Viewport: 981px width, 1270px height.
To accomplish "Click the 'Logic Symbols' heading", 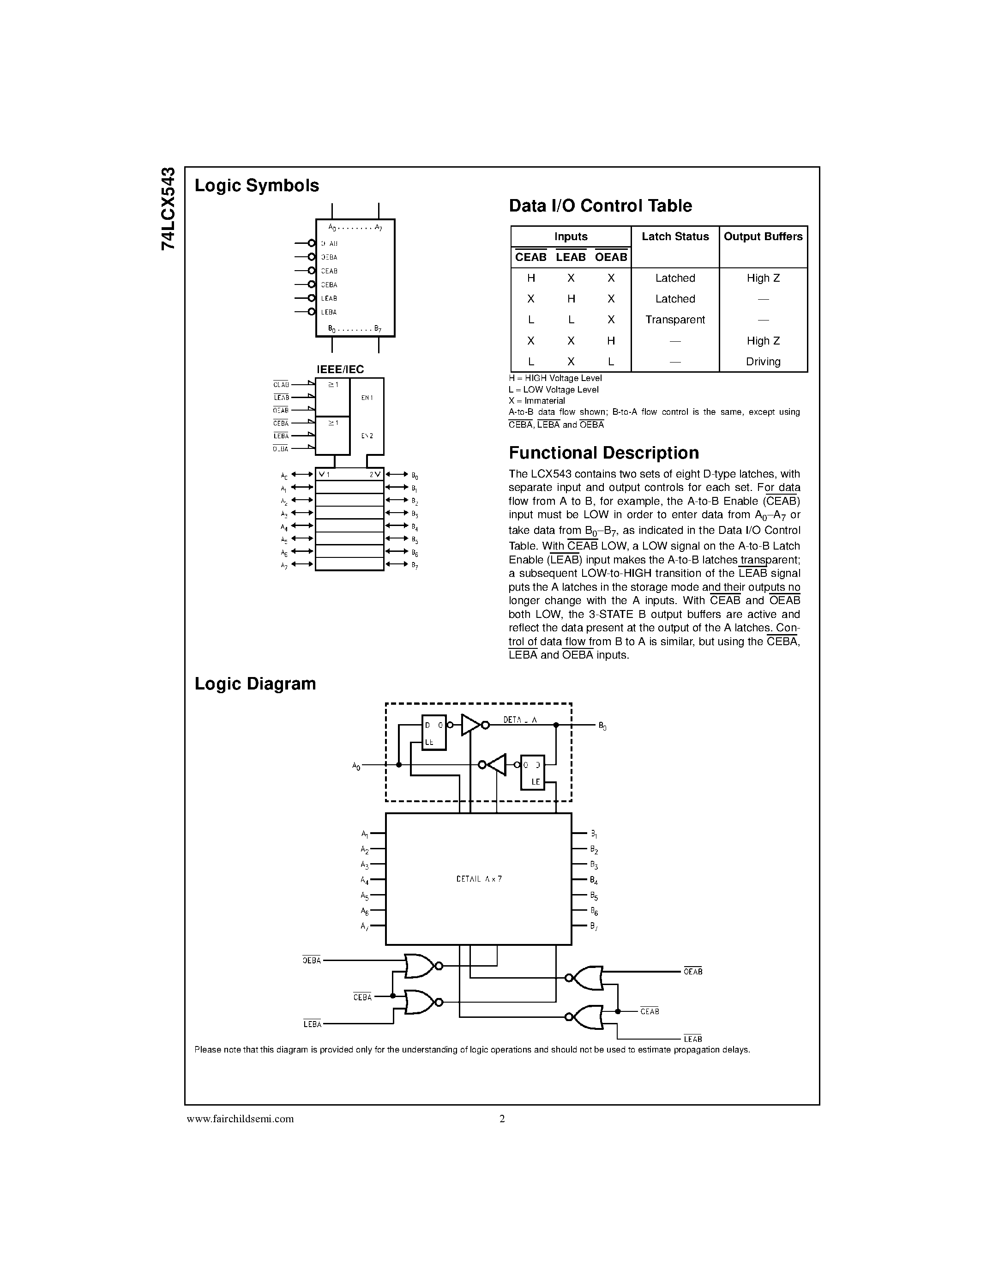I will tap(256, 186).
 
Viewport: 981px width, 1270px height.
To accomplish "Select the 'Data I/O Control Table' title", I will tap(600, 206).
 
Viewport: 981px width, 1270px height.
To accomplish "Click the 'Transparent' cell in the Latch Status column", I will tap(675, 320).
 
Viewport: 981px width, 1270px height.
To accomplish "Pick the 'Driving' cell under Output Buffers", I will tap(763, 362).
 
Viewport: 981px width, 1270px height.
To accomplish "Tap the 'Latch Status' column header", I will tap(675, 236).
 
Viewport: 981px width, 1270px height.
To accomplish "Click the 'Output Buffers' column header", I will tap(763, 236).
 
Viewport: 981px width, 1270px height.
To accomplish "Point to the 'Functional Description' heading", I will tap(604, 453).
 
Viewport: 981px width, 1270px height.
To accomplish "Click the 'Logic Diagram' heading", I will tap(255, 684).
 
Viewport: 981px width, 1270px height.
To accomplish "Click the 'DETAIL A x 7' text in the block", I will tap(479, 879).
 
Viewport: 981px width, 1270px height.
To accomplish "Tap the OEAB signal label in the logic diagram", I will tap(693, 972).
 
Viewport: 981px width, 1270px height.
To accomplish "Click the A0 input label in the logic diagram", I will tap(356, 767).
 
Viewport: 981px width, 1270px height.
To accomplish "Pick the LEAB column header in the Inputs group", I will tap(571, 257).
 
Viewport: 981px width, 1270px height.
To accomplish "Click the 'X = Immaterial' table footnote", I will tap(536, 401).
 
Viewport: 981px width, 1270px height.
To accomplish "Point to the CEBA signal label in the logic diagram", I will tap(362, 997).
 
